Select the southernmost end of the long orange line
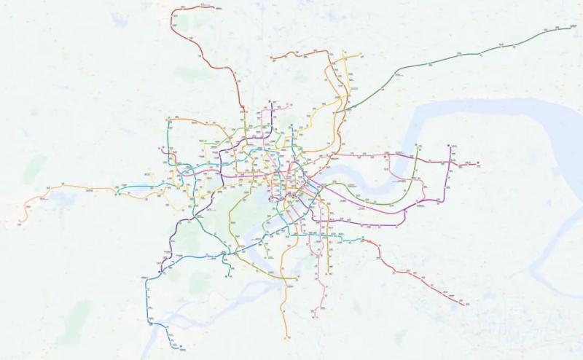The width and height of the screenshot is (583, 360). point(286,337)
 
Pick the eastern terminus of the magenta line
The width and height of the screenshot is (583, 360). point(479,163)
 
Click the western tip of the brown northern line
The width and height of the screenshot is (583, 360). point(270,56)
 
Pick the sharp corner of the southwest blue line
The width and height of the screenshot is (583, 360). point(147,278)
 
